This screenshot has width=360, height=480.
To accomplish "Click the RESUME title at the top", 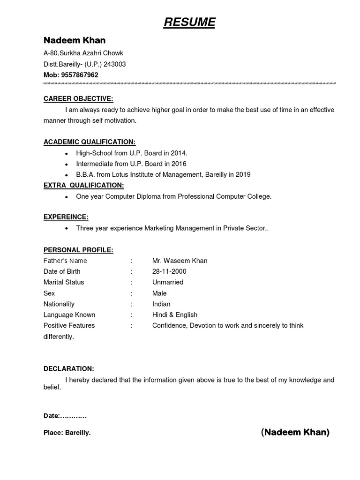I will tap(189, 22).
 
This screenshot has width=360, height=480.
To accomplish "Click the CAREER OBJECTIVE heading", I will tap(78, 99).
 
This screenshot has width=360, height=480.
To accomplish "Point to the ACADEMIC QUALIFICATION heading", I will tap(90, 142).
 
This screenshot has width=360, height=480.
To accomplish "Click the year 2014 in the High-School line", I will tap(178, 153).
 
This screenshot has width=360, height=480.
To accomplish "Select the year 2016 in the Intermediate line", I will tap(178, 164).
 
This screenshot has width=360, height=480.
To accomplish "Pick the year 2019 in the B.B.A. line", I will tap(242, 174).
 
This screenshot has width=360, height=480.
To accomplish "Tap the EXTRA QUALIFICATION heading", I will tap(83, 186).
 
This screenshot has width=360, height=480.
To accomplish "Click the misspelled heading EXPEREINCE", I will tap(66, 217).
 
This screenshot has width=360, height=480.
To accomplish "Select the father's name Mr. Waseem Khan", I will tap(180, 261).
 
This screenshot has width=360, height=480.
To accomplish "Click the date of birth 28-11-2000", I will tap(169, 271).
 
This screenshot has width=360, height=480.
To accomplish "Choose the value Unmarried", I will tap(168, 282).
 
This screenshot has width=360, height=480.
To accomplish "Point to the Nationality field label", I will tap(59, 304).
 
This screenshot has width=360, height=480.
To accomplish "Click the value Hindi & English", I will tap(175, 315).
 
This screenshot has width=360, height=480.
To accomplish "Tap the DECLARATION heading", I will tap(69, 369).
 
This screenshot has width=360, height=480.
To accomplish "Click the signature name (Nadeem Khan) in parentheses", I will tap(295, 432).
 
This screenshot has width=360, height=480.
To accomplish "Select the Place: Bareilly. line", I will tap(67, 433).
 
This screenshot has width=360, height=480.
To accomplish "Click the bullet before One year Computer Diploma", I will tap(67, 197).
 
